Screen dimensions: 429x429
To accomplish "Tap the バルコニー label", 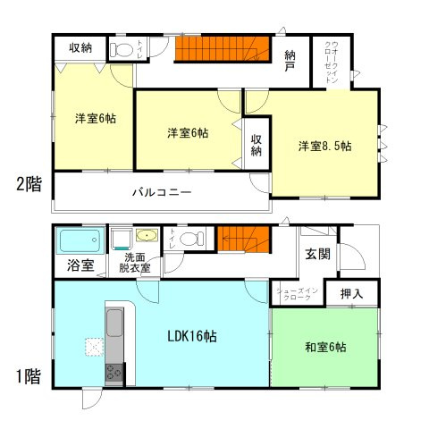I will point(162,191).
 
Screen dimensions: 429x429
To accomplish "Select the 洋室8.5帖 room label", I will point(325,146).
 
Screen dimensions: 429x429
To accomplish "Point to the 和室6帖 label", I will point(324,347).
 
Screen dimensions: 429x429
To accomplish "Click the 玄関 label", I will point(317,254).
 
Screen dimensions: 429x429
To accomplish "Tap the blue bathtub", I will point(80,240).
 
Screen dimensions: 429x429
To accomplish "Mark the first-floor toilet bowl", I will point(189,239).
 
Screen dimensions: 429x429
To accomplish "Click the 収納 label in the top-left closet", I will point(80,47).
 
